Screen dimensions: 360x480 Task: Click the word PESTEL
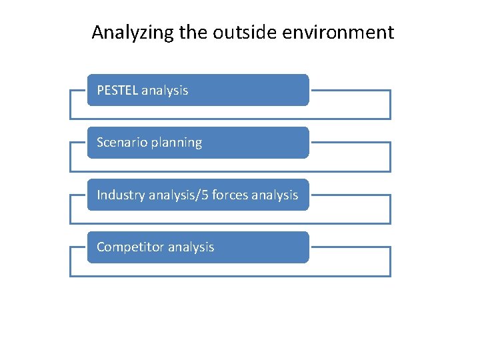tap(117, 90)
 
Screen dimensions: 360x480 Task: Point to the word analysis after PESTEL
tap(165, 91)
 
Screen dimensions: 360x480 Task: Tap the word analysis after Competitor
tap(191, 247)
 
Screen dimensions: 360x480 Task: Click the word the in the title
tap(194, 32)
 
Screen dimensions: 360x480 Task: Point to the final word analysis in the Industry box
tap(277, 195)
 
